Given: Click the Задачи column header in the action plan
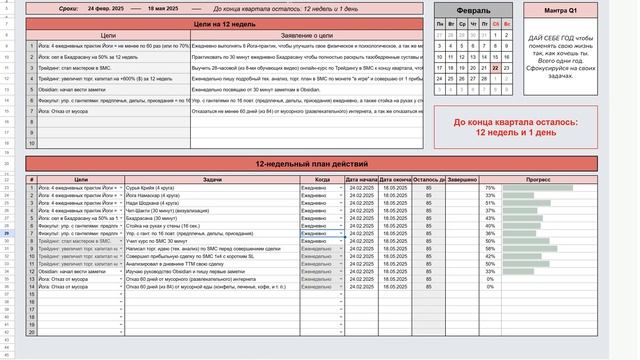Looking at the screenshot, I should (x=212, y=179).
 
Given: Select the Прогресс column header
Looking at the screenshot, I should (x=551, y=179).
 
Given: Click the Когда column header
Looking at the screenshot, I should (x=322, y=179).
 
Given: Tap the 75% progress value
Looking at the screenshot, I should (x=489, y=187).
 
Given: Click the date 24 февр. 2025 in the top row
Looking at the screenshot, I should (x=107, y=7).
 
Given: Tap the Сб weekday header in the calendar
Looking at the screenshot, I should (x=495, y=23).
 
